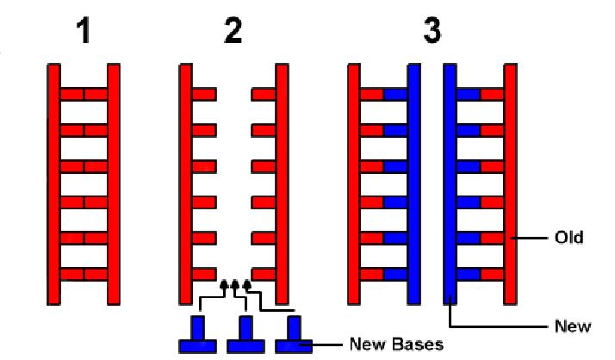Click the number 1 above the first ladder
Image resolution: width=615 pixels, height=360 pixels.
84,31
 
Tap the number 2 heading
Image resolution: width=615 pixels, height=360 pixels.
233,31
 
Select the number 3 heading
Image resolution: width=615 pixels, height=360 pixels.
432,31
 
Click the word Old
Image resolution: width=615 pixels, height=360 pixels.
568,238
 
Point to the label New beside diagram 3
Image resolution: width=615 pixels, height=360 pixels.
573,326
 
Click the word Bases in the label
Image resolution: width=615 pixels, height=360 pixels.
418,344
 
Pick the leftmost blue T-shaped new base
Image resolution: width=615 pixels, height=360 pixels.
198,334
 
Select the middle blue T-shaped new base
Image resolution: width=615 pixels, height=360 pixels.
245,334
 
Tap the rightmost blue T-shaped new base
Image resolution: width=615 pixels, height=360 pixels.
294,334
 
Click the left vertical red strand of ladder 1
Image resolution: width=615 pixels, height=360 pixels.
53,184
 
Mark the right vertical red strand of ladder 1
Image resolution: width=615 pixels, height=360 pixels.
114,184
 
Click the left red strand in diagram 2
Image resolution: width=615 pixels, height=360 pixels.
185,184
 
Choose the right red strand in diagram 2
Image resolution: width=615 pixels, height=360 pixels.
282,184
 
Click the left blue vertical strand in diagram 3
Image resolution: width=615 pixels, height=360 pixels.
414,184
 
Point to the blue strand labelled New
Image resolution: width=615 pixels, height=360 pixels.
450,184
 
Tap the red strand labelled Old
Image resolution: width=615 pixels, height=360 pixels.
510,184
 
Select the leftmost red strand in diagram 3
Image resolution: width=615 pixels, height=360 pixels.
354,184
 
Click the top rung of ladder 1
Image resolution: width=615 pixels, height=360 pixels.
84,95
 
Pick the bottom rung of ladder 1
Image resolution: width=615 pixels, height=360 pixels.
84,274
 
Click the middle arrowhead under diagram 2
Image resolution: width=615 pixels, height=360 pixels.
235,284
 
